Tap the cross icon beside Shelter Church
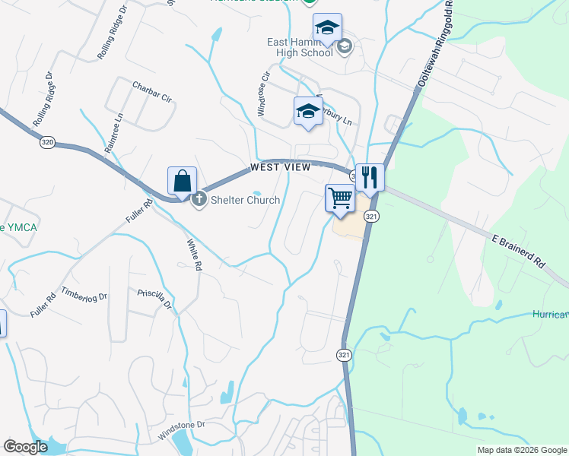click(x=199, y=201)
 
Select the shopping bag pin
click(x=182, y=183)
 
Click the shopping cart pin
click(x=340, y=199)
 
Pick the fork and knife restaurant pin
click(x=369, y=178)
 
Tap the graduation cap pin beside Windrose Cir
click(x=308, y=112)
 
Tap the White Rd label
click(x=194, y=255)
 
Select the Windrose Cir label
click(x=264, y=94)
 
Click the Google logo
click(x=26, y=447)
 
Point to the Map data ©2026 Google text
click(x=521, y=450)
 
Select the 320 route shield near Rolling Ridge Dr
click(x=48, y=141)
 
